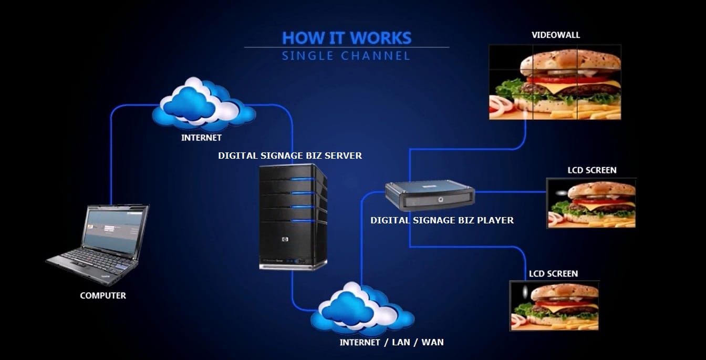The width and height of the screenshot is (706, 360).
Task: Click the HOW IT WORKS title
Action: point(347,38)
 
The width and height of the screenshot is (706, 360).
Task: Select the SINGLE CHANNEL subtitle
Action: point(346,56)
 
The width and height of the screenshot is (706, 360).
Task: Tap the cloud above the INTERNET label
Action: point(203,105)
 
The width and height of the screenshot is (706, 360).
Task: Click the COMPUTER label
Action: point(103,296)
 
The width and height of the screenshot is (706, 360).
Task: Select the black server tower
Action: point(293,217)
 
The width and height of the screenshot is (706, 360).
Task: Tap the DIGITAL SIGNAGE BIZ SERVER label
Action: point(290,156)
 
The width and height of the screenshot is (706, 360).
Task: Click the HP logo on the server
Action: point(285,240)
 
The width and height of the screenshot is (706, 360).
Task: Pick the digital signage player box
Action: point(429,194)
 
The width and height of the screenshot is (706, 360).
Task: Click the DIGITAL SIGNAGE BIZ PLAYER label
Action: point(442,220)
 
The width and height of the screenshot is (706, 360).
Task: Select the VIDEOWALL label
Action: point(556,35)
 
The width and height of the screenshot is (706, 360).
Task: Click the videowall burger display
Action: point(555,82)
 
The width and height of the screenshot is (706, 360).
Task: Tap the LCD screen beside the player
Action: point(591,203)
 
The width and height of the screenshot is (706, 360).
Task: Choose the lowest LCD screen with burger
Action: point(554,305)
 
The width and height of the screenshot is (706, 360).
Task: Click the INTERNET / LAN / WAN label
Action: point(391,342)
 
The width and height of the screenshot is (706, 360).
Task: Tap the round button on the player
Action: point(440,199)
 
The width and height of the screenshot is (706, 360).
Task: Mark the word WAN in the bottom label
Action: point(432,342)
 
